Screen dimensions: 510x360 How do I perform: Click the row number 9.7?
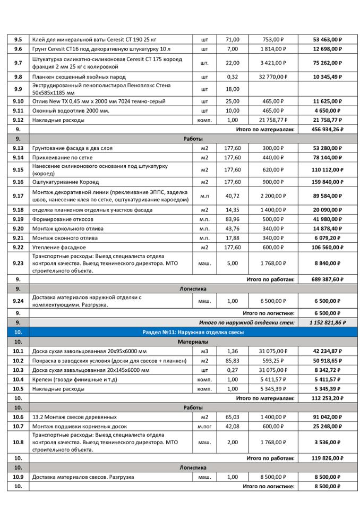click(18, 63)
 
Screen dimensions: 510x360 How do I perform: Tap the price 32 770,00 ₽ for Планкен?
click(273, 77)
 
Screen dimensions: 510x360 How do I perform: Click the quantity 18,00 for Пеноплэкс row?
click(233, 89)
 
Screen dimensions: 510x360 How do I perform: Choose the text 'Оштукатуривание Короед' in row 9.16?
click(66, 182)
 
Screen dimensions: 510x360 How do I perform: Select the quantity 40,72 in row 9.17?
click(233, 196)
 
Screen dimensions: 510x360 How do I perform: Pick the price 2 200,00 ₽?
click(273, 196)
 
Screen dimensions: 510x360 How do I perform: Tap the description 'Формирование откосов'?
click(63, 219)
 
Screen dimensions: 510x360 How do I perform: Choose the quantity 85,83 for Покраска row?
click(233, 361)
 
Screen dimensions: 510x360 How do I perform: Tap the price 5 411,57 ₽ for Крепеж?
click(273, 379)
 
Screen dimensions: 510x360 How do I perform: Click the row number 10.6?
click(18, 417)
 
